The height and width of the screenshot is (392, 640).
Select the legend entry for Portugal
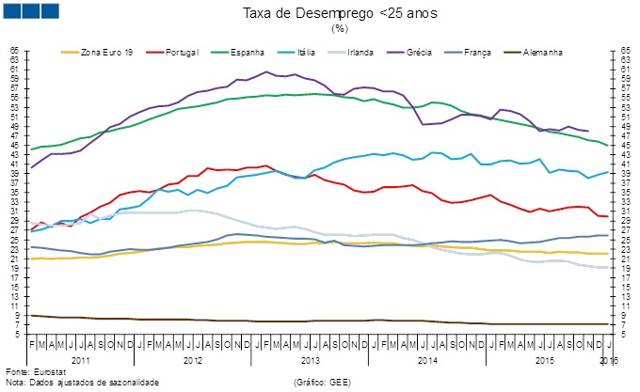coord(183,52)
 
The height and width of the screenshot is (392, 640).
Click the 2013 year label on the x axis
coord(311,360)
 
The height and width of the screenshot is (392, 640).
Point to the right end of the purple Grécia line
coord(588,132)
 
